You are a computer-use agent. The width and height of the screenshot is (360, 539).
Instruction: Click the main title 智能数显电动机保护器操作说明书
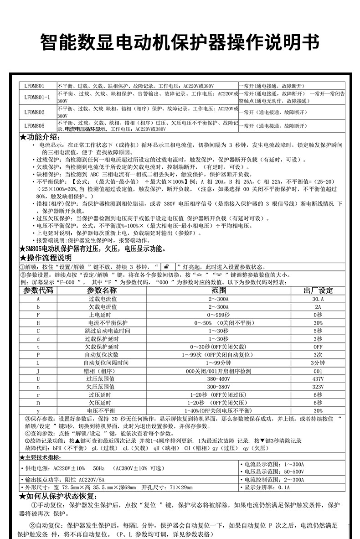180,43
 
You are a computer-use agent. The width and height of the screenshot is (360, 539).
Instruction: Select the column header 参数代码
38,290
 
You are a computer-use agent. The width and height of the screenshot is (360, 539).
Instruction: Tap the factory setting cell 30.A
318,299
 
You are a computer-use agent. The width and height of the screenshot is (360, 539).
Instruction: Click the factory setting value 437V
318,378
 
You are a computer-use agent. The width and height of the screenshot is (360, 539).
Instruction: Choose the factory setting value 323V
318,387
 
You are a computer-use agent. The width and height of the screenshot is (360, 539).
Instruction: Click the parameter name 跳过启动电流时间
107,331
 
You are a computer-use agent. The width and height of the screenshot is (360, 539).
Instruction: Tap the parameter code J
38,371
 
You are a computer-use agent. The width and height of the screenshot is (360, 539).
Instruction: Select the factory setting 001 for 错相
318,371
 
